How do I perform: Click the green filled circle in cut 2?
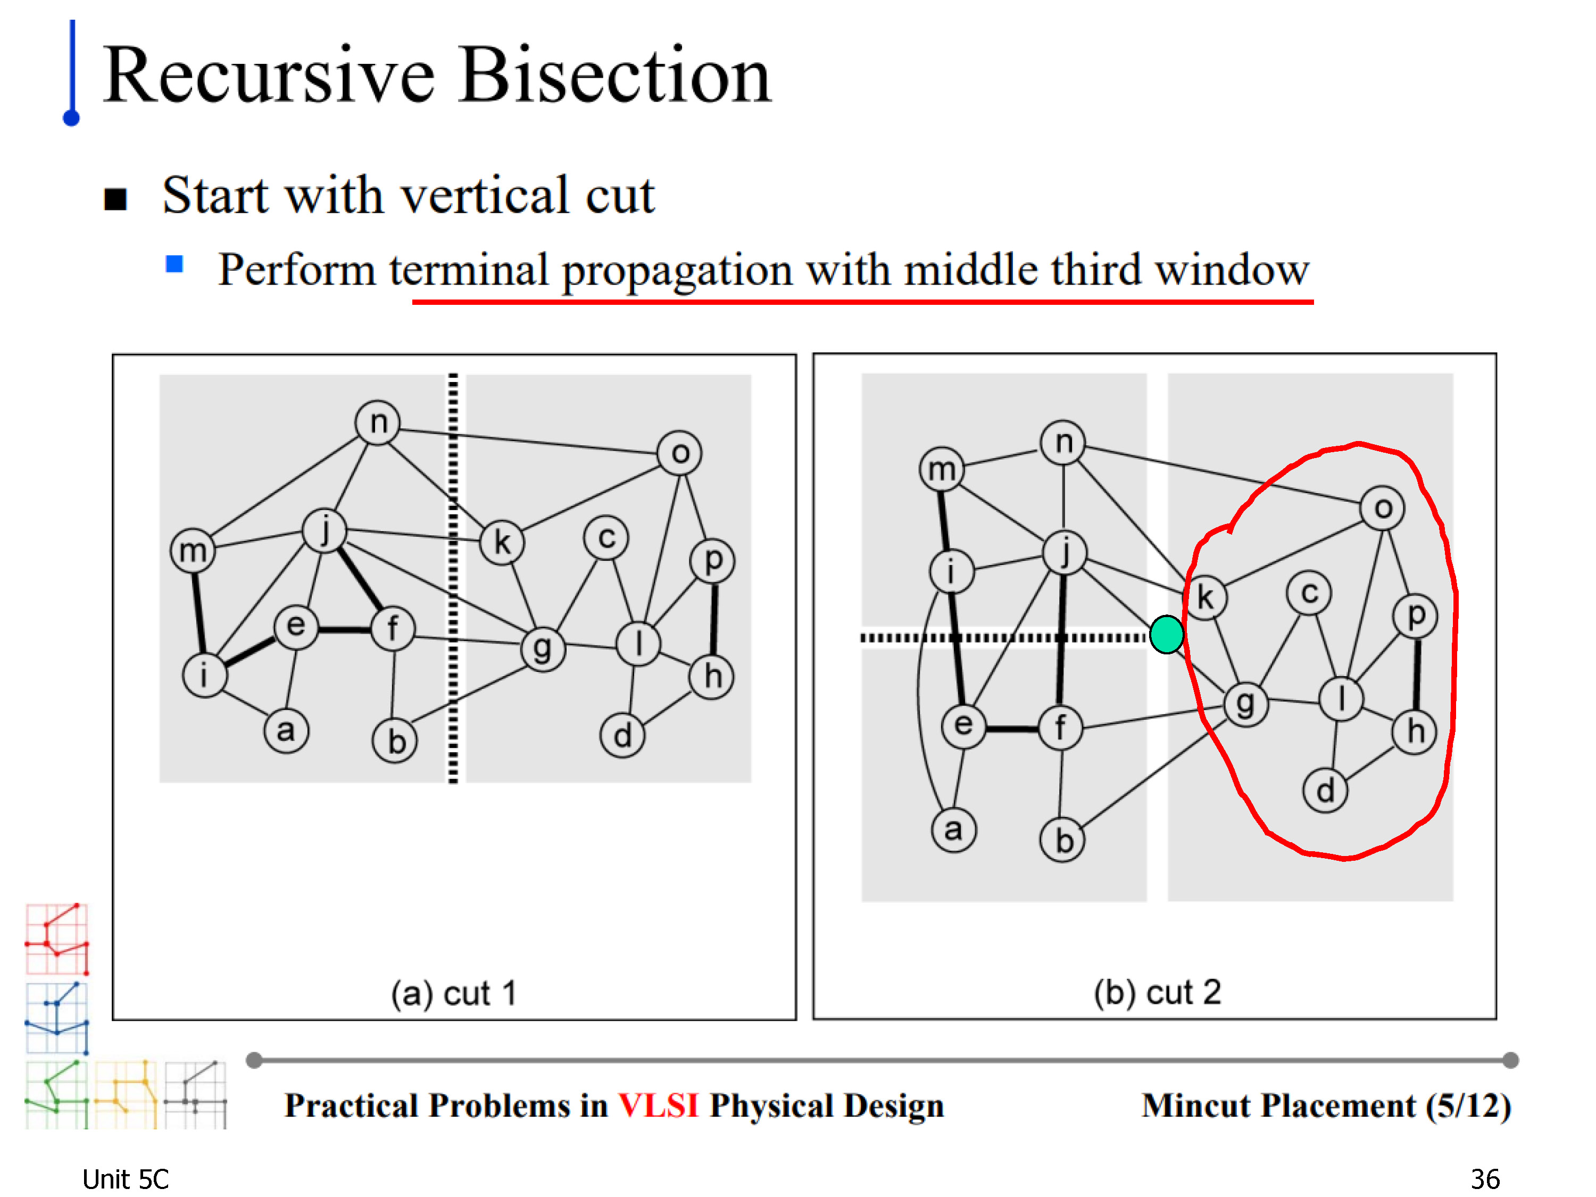(x=1166, y=634)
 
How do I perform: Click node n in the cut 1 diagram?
(x=378, y=422)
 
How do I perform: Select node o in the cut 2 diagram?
(x=1383, y=508)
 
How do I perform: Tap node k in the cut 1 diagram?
(x=502, y=542)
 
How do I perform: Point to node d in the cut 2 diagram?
(x=1325, y=790)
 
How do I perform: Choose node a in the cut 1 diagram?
(x=286, y=730)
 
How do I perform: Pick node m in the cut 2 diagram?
(x=942, y=469)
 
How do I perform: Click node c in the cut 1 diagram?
(x=606, y=537)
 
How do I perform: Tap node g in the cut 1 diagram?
(x=543, y=648)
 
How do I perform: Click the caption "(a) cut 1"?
(x=454, y=994)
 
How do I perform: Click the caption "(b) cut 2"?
(x=1157, y=992)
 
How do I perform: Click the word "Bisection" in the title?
(x=616, y=76)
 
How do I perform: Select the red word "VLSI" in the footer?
(x=658, y=1105)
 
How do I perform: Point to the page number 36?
(x=1485, y=1179)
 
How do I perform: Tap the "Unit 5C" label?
(x=125, y=1179)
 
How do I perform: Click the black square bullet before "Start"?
(x=115, y=199)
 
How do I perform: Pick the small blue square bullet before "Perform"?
(x=174, y=264)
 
